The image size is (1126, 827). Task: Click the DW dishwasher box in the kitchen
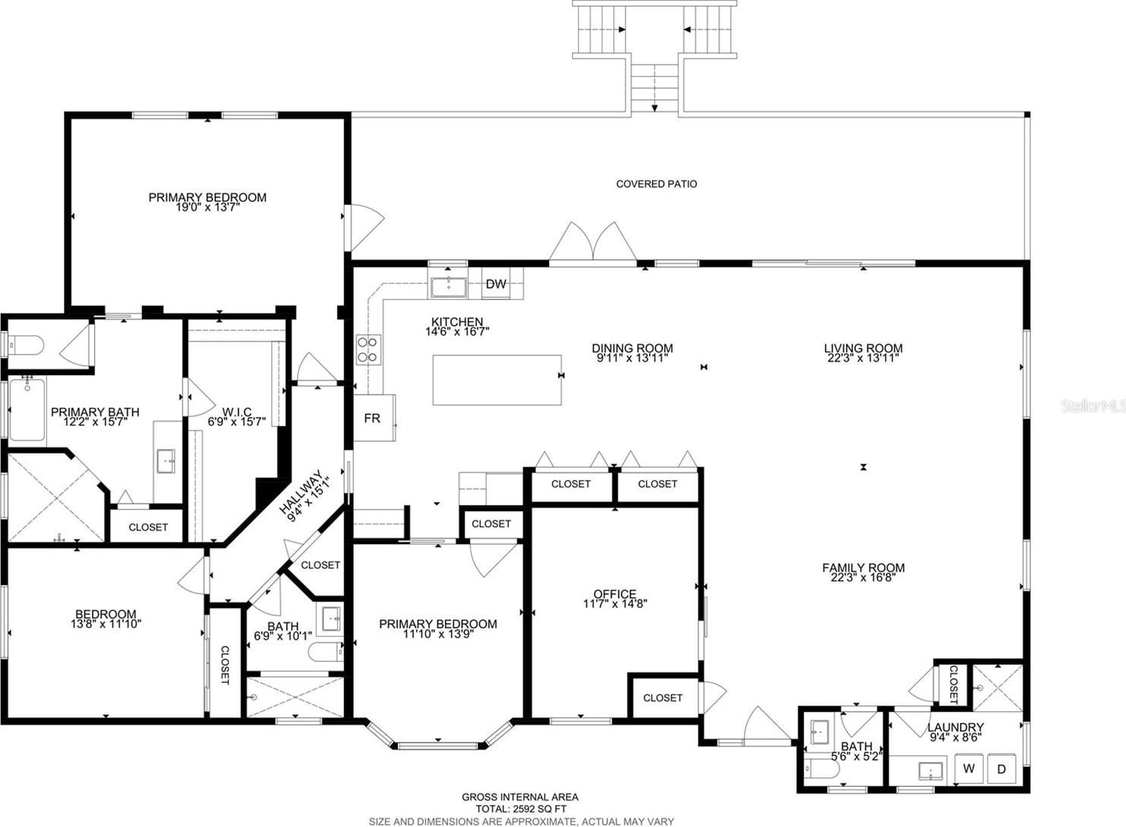click(x=495, y=284)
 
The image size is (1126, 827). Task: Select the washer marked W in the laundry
click(x=969, y=768)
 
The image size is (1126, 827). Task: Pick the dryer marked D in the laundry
click(x=1002, y=768)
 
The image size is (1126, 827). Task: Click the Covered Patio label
click(x=657, y=184)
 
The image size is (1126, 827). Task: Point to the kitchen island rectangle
click(x=497, y=380)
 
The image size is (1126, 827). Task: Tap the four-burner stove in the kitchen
click(x=368, y=350)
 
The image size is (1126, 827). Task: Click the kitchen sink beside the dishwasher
click(x=448, y=287)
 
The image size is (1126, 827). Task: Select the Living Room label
click(x=863, y=348)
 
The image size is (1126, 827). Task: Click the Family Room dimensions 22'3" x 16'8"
click(x=864, y=577)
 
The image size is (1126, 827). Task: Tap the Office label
click(x=615, y=593)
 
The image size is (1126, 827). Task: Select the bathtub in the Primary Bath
click(x=27, y=411)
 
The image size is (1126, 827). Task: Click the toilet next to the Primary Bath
click(x=26, y=345)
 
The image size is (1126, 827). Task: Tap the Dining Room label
click(x=632, y=348)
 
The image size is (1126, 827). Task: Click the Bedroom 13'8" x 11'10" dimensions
click(x=106, y=624)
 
